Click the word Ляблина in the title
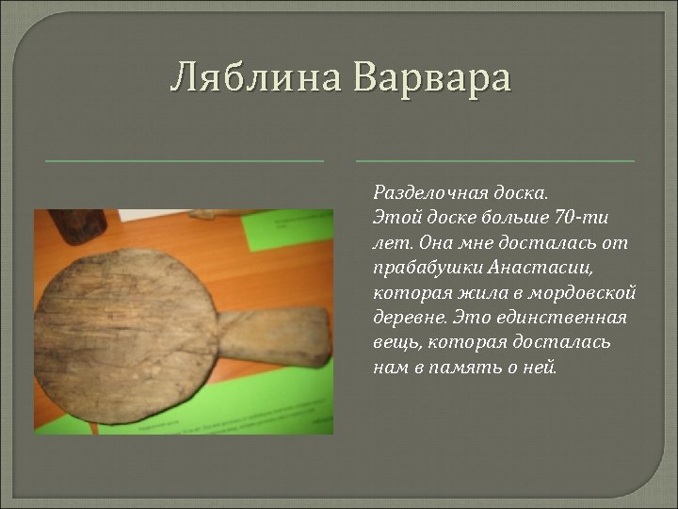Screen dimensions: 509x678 (257, 77)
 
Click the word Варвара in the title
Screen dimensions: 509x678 (433, 77)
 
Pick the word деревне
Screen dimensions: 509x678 (406, 317)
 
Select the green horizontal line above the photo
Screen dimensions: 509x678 (185, 161)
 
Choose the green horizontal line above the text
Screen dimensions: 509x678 (495, 161)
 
